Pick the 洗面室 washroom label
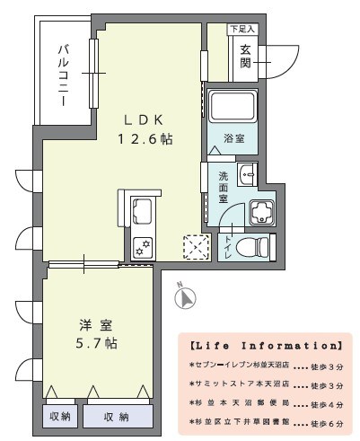[x=223, y=188]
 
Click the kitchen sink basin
[x=144, y=215]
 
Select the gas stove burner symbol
[x=142, y=247]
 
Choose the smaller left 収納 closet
[x=60, y=417]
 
